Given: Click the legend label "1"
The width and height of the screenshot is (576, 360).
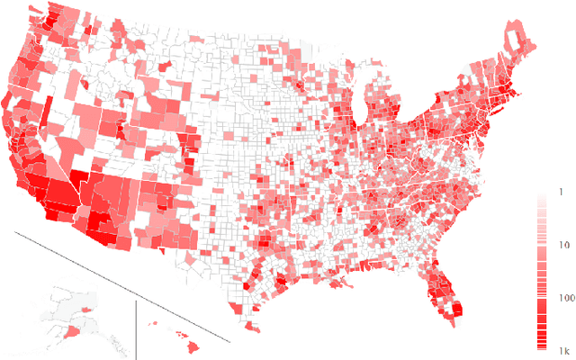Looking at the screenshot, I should pos(560,193).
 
